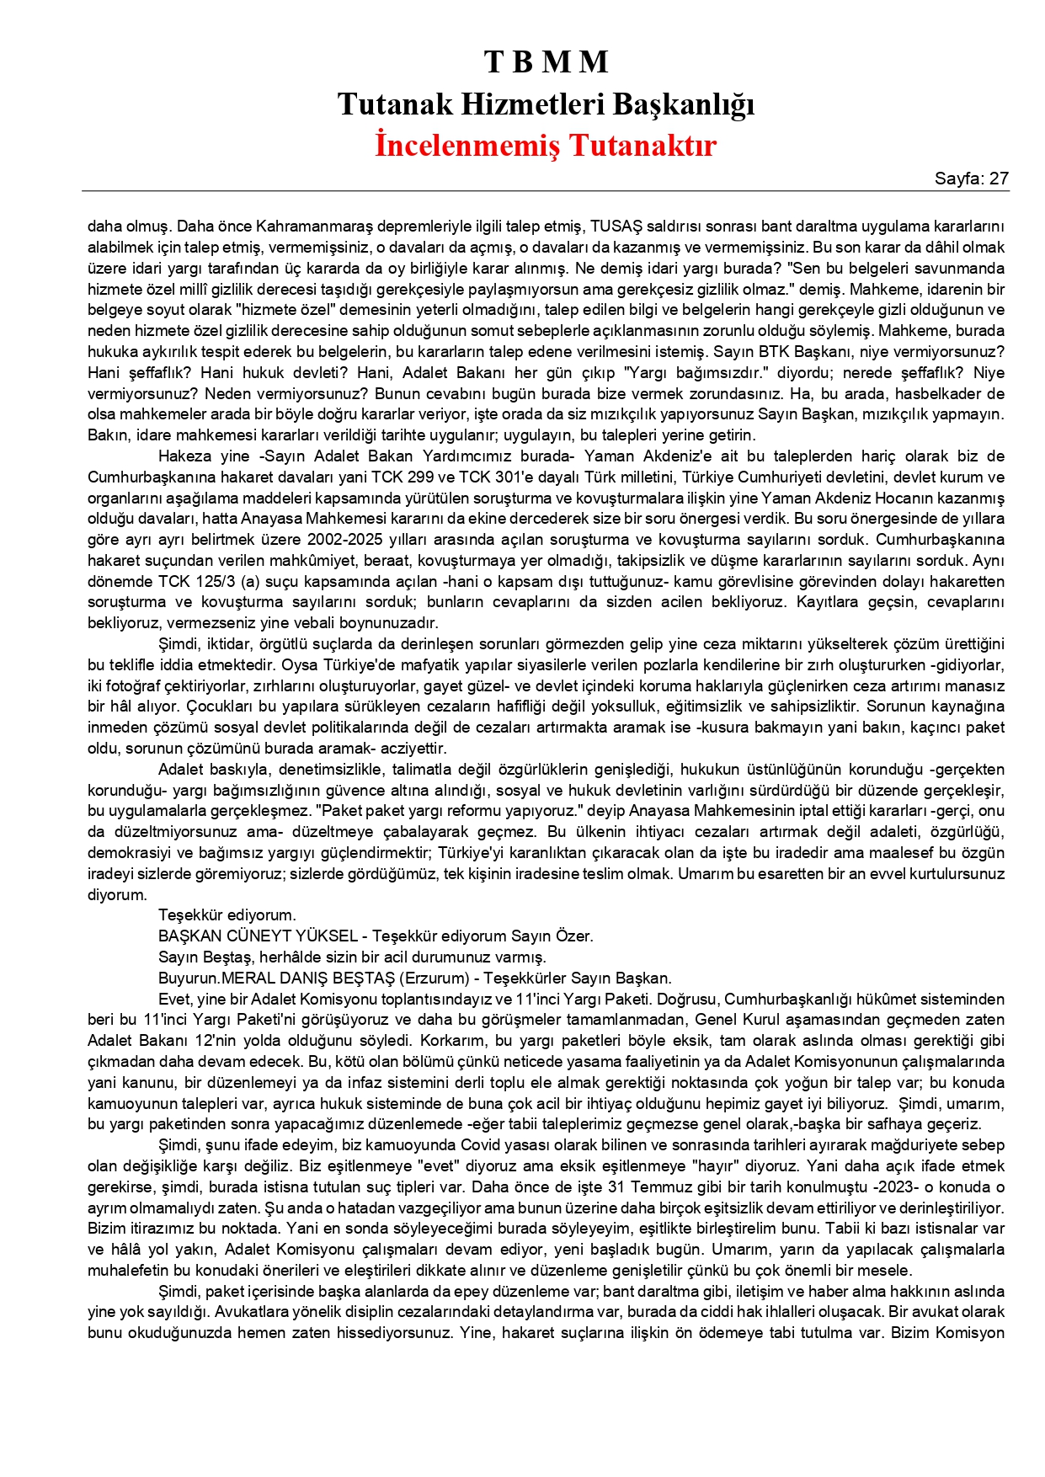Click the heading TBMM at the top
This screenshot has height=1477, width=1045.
(x=546, y=61)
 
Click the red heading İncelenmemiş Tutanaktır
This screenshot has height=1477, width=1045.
(x=546, y=145)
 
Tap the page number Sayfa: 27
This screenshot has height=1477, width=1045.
(x=971, y=179)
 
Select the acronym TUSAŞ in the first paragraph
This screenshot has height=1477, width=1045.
(x=616, y=227)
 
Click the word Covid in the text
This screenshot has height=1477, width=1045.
(x=480, y=1145)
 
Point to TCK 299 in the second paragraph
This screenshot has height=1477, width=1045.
(x=404, y=477)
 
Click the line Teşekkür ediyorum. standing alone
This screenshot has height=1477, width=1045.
(x=227, y=915)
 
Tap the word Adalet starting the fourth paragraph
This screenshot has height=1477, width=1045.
(x=181, y=770)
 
